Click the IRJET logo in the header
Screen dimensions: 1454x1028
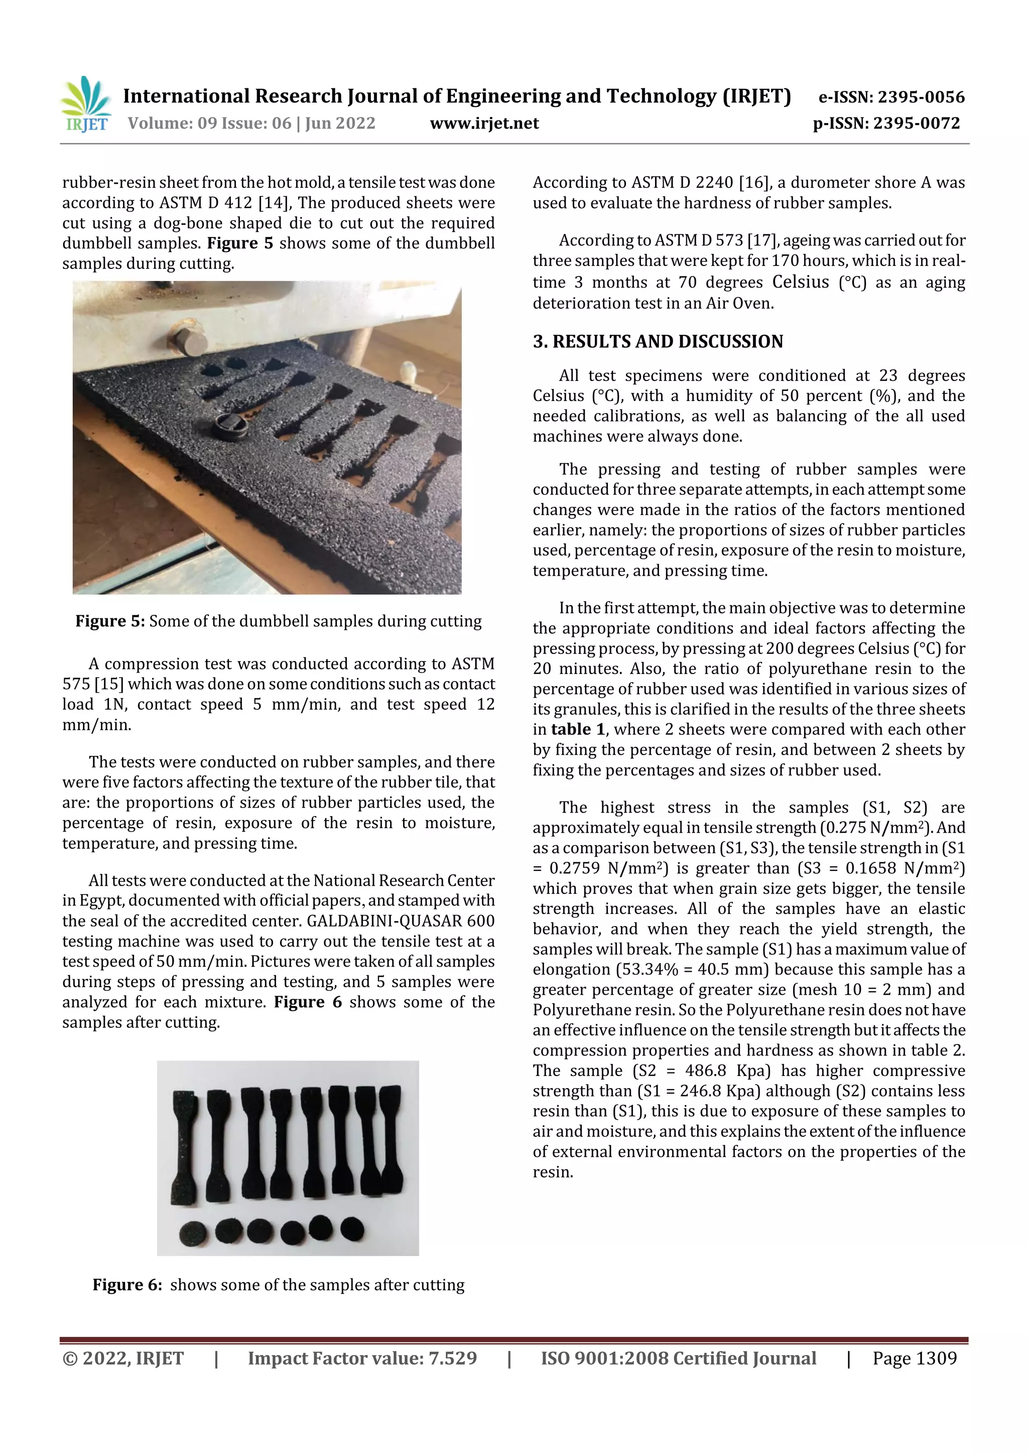point(85,104)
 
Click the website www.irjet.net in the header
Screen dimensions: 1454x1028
point(484,123)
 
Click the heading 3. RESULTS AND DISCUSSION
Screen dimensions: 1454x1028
point(658,341)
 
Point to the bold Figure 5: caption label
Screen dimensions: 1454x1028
point(110,621)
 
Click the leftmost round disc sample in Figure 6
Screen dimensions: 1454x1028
point(193,1234)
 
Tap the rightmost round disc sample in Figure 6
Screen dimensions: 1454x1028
point(352,1229)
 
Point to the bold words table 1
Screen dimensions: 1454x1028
point(578,730)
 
